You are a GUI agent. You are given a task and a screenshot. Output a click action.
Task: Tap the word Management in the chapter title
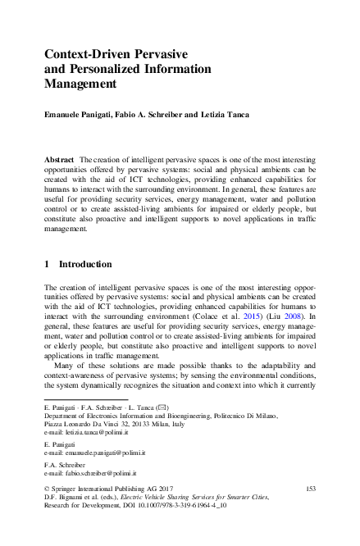coord(81,84)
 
